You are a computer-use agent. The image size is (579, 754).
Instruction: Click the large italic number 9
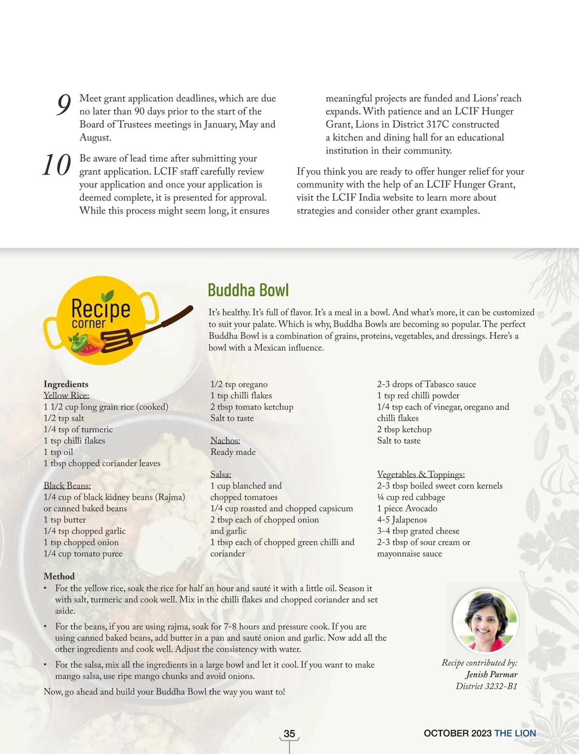[x=64, y=105]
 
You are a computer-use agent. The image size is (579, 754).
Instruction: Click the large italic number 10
[x=56, y=165]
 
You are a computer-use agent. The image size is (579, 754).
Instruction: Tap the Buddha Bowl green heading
[x=248, y=290]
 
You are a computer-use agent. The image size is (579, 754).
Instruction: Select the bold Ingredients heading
[x=66, y=384]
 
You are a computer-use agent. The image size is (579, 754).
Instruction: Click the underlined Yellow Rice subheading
[x=66, y=396]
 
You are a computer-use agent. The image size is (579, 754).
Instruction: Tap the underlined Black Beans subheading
[x=67, y=486]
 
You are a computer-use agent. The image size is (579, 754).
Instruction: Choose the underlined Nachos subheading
[x=225, y=440]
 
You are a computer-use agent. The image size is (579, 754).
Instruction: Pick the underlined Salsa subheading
[x=221, y=474]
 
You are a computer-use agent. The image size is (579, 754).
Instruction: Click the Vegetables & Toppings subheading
[x=421, y=474]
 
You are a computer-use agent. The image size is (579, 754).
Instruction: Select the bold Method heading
[x=59, y=576]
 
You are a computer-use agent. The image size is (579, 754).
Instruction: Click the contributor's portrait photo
[x=485, y=620]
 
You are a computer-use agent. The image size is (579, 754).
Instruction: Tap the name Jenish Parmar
[x=491, y=674]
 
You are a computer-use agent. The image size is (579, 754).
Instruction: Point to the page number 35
[x=289, y=733]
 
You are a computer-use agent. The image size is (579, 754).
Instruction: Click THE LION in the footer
[x=515, y=733]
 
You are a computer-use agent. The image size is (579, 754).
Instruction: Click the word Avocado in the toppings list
[x=421, y=508]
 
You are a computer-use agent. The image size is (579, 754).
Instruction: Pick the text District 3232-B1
[x=486, y=686]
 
